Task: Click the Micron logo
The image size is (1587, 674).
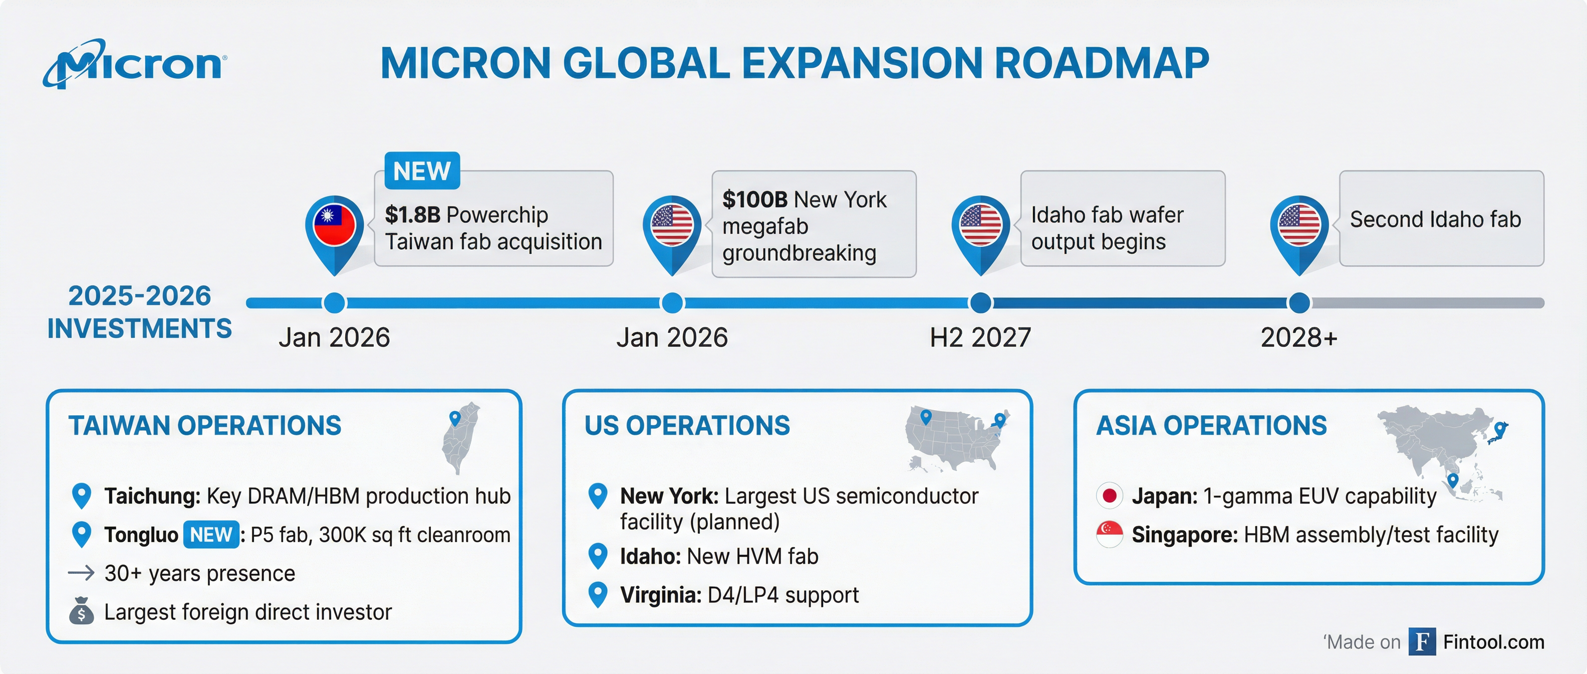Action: point(134,64)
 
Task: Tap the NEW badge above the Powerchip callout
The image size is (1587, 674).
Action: point(422,171)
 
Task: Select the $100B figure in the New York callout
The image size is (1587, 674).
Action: point(755,199)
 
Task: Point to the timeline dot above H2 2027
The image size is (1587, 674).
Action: point(980,303)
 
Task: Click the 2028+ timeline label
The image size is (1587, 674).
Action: point(1298,338)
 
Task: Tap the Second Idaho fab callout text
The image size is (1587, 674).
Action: point(1435,220)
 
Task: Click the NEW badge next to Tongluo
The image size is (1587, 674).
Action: point(211,535)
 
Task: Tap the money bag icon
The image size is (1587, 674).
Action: point(81,611)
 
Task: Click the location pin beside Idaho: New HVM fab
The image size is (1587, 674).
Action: point(598,556)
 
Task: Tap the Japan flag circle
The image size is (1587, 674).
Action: point(1110,496)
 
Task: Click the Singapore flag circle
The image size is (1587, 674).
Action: point(1110,535)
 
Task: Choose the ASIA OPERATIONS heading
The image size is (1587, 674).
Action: point(1211,425)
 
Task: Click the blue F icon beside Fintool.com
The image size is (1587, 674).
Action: point(1422,641)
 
